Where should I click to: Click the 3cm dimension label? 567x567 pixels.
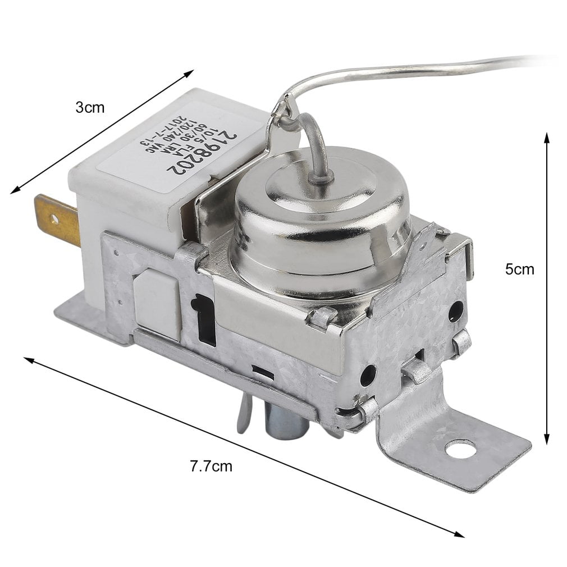pos(90,107)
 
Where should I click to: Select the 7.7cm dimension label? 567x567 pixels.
pos(211,465)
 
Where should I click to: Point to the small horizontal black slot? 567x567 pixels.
pos(262,372)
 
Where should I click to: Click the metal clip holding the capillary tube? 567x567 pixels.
pos(281,115)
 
